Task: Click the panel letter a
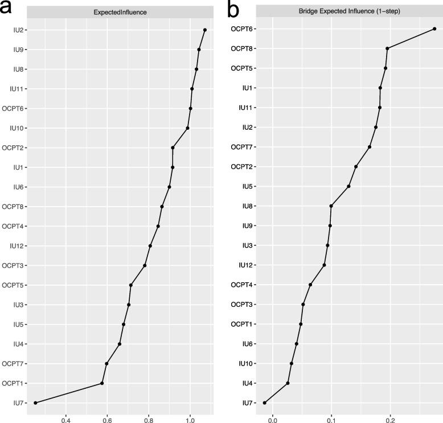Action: click(x=9, y=9)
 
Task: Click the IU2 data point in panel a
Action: click(x=204, y=30)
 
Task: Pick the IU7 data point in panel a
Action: click(x=35, y=403)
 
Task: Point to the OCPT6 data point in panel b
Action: click(x=434, y=28)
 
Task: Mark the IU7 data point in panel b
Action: click(x=264, y=403)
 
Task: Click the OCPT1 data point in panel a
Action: click(x=102, y=383)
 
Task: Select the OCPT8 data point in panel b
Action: click(x=387, y=48)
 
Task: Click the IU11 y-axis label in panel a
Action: click(x=15, y=89)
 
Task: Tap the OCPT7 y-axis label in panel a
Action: click(x=12, y=363)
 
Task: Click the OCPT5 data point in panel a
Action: click(x=131, y=285)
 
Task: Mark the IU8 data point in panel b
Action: click(x=331, y=206)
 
